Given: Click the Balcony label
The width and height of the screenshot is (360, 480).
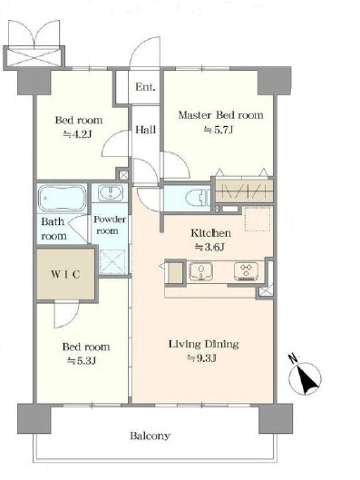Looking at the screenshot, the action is (x=150, y=436).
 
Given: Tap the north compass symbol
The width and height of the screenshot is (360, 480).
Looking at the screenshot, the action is (x=305, y=377).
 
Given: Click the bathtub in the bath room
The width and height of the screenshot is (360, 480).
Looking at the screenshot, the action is (x=62, y=198).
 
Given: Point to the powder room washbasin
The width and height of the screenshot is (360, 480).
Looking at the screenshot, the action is (x=110, y=192).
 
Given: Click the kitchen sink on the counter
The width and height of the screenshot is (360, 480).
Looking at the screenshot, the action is (x=201, y=271).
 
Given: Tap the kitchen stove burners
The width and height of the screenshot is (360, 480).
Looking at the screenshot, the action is (x=247, y=271).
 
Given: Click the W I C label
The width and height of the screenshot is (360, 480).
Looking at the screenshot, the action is (x=65, y=274).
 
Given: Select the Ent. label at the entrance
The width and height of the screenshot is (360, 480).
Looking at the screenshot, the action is (x=145, y=87).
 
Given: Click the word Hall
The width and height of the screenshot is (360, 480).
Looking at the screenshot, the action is (x=146, y=130).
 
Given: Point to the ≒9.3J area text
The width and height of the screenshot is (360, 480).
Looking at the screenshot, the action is (x=202, y=358).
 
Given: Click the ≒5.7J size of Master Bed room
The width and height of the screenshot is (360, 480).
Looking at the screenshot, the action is (x=219, y=130).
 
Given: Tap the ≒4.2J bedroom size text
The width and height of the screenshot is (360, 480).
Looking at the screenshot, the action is (x=78, y=134).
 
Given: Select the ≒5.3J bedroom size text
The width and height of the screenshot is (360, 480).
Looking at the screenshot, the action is (x=82, y=361).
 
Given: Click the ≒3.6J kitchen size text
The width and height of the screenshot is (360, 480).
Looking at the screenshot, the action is (x=209, y=247).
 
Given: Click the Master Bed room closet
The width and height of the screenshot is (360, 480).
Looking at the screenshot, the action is (x=244, y=191).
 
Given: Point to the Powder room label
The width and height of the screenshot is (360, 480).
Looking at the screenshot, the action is (x=109, y=225).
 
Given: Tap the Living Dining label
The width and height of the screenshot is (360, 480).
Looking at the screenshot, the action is (x=204, y=344).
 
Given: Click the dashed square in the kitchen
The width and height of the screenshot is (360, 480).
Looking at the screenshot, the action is (x=258, y=219).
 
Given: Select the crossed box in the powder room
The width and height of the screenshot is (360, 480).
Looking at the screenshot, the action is (x=112, y=262).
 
